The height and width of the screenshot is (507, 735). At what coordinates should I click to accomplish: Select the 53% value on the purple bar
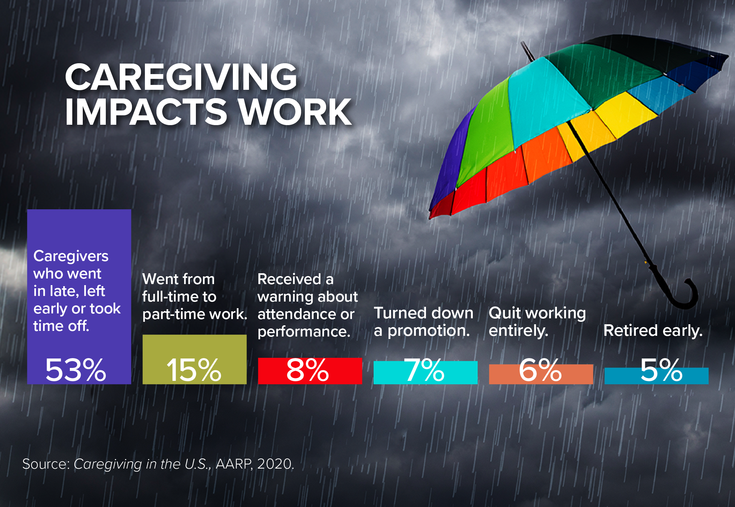pos(76,370)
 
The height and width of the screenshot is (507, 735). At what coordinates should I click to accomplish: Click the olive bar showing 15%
pos(194,359)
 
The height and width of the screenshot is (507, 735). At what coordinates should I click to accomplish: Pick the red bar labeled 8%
pos(310,371)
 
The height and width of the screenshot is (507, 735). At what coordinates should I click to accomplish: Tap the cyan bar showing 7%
pos(425,372)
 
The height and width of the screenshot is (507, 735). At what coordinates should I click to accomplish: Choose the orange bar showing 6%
pos(541,374)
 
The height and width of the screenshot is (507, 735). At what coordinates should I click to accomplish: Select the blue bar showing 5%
pos(656,376)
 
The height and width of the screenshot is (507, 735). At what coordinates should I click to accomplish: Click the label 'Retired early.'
pos(653,331)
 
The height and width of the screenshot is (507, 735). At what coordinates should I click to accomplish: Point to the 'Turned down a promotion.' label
pos(424,322)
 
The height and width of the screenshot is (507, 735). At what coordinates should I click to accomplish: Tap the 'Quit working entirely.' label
pos(537,322)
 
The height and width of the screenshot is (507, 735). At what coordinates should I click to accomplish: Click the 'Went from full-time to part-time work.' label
pos(194,297)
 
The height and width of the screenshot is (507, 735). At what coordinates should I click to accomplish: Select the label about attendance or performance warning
pos(308,305)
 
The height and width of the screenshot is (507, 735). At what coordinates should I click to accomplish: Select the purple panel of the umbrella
pos(450,157)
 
